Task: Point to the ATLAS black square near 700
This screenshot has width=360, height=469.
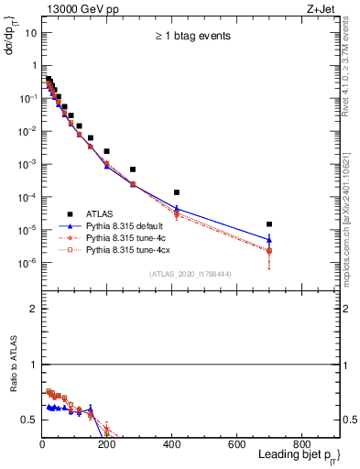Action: tap(269, 224)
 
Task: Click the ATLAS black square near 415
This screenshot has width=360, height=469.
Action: tap(177, 192)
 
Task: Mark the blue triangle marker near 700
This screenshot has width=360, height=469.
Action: tap(269, 240)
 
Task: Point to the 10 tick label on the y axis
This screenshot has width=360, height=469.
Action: tap(30, 33)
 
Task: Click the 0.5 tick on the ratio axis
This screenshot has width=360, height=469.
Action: tap(29, 420)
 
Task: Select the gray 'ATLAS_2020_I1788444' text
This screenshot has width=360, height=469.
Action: tap(191, 272)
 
